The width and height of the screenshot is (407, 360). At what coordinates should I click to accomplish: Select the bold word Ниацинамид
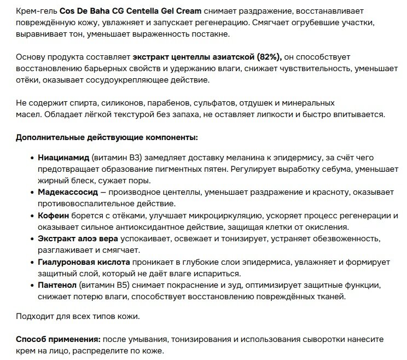[63, 158]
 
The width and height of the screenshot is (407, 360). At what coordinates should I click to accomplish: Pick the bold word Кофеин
[53, 216]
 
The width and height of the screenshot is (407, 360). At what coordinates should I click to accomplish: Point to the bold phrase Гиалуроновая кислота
[84, 263]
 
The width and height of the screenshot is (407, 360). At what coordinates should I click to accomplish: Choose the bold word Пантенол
[56, 286]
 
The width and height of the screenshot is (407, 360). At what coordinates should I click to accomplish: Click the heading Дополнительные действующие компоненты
[107, 137]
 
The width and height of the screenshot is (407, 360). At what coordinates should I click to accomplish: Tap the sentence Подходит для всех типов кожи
[78, 316]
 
